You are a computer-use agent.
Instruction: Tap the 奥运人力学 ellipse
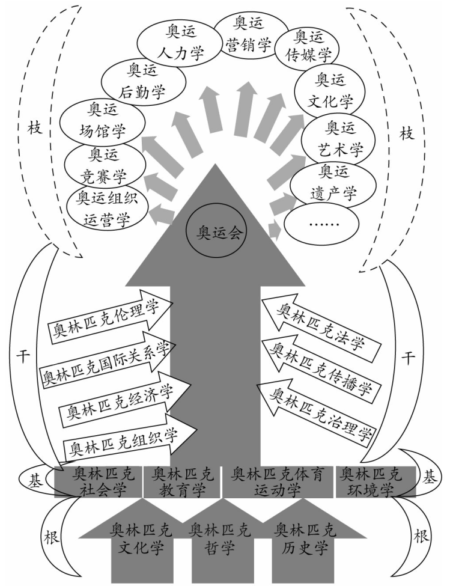click(x=178, y=43)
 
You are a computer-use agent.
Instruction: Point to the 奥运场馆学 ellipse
click(x=102, y=122)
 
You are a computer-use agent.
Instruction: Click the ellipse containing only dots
click(x=321, y=223)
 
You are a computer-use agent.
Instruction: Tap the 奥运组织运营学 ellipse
click(x=106, y=209)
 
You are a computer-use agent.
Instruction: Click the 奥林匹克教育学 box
click(x=183, y=481)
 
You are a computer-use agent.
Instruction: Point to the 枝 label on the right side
click(x=407, y=133)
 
